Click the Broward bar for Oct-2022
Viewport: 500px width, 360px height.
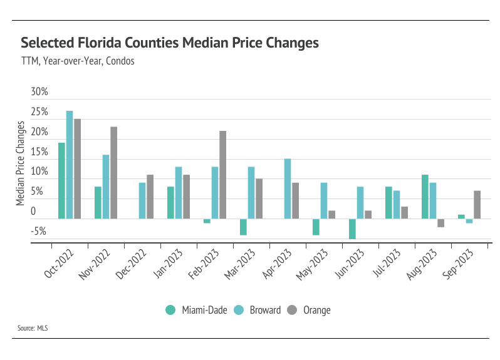70,165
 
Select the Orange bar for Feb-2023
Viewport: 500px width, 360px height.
222,175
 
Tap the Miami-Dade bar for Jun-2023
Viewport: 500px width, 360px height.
353,229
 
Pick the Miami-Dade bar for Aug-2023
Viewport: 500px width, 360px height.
425,197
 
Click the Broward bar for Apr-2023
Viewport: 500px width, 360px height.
288,188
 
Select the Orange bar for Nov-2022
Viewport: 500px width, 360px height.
113,173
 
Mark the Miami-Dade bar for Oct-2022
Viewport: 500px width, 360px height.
61,180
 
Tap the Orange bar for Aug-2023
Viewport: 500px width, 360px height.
440,223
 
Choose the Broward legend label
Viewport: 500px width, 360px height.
265,310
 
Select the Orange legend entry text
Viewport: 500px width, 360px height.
316,310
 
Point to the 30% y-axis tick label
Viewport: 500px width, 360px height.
39,92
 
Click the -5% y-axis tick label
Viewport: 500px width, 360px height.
38,232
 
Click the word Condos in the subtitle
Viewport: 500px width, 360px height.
120,61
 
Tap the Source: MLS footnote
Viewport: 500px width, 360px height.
32,327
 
